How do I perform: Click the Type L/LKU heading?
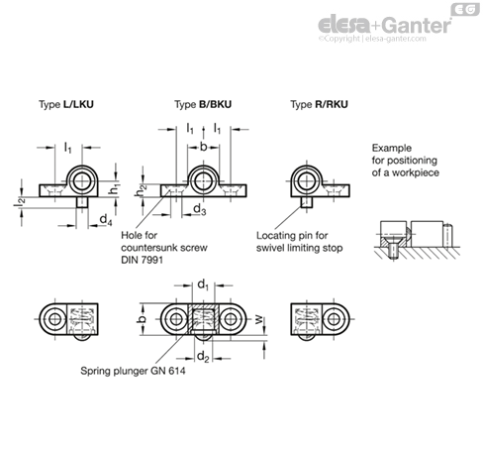click(66, 104)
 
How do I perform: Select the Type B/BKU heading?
click(203, 104)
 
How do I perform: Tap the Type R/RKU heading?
click(319, 104)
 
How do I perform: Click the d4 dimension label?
click(106, 219)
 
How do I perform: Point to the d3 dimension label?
click(200, 209)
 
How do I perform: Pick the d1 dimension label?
click(203, 284)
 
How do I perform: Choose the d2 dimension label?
click(203, 357)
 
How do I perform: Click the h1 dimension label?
click(115, 189)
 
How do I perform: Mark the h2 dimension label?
click(142, 190)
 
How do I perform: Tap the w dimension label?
click(259, 319)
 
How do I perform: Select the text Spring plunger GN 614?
click(133, 371)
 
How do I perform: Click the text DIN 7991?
click(142, 260)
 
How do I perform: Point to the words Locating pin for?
click(292, 236)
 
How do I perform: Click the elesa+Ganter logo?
click(384, 25)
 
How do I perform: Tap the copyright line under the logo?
click(372, 39)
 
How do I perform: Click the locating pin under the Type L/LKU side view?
click(82, 202)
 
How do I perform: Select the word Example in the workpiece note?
click(392, 148)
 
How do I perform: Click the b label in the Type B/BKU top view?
click(204, 147)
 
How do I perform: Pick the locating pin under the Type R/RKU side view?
click(307, 202)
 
